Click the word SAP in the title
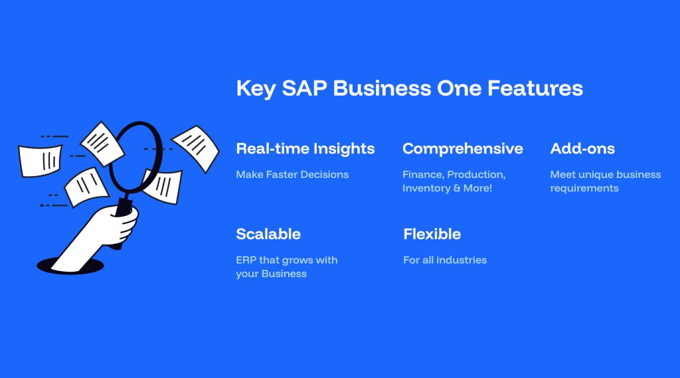[x=304, y=88]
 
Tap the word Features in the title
[x=535, y=88]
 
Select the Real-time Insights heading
[x=305, y=148]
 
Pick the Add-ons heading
[x=582, y=148]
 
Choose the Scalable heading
[x=268, y=234]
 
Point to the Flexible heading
[x=432, y=234]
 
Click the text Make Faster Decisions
[x=292, y=175]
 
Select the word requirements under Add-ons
[x=584, y=189]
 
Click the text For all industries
[x=445, y=260]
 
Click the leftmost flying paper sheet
[x=40, y=161]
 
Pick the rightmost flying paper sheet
[x=196, y=148]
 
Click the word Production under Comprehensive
[x=476, y=175]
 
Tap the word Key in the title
[x=256, y=89]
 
